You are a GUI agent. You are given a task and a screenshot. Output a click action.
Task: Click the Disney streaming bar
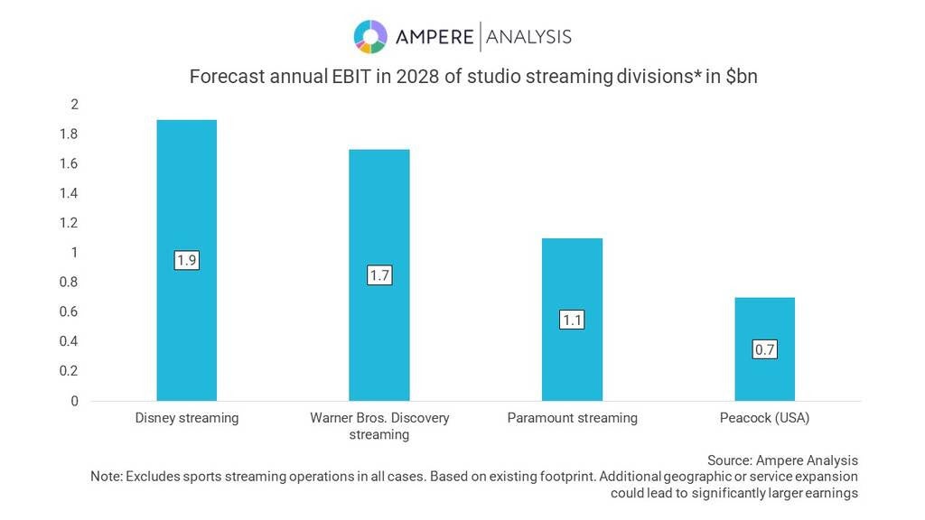pyautogui.click(x=186, y=260)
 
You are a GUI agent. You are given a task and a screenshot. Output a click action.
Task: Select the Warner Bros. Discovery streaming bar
pyautogui.click(x=379, y=274)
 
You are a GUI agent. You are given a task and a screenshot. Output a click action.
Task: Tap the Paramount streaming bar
pyautogui.click(x=572, y=320)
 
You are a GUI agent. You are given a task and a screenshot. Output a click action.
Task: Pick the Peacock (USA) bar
pyautogui.click(x=764, y=349)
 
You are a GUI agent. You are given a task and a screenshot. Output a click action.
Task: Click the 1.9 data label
pyautogui.click(x=186, y=260)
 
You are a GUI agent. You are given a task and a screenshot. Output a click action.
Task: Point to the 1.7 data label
pyautogui.click(x=379, y=275)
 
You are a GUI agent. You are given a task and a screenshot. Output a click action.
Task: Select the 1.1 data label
pyautogui.click(x=572, y=320)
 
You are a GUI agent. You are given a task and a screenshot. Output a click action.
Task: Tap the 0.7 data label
pyautogui.click(x=764, y=349)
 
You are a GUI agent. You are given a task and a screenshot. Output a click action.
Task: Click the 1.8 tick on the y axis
pyautogui.click(x=69, y=134)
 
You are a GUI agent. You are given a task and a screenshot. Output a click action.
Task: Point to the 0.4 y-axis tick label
pyautogui.click(x=69, y=340)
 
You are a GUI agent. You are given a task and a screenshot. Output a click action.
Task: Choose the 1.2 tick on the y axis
pyautogui.click(x=69, y=222)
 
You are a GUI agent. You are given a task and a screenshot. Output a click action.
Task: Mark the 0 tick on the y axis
pyautogui.click(x=74, y=401)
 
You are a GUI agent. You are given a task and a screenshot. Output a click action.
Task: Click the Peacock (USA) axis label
pyautogui.click(x=764, y=418)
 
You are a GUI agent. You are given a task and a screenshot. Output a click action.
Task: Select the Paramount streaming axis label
pyautogui.click(x=572, y=418)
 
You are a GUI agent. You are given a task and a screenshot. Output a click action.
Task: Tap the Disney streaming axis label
pyautogui.click(x=187, y=418)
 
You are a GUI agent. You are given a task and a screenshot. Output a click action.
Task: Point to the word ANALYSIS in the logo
pyautogui.click(x=528, y=37)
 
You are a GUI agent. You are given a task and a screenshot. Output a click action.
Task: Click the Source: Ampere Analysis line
pyautogui.click(x=782, y=460)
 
